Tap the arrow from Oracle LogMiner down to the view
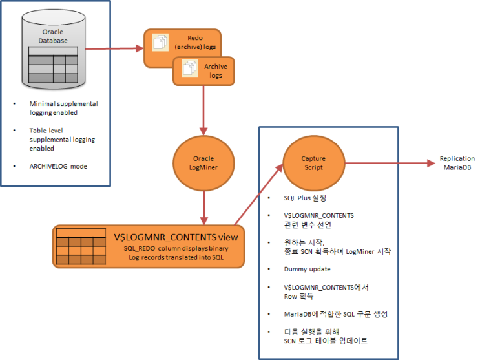click(x=203, y=204)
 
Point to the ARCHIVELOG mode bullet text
click(x=57, y=166)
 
